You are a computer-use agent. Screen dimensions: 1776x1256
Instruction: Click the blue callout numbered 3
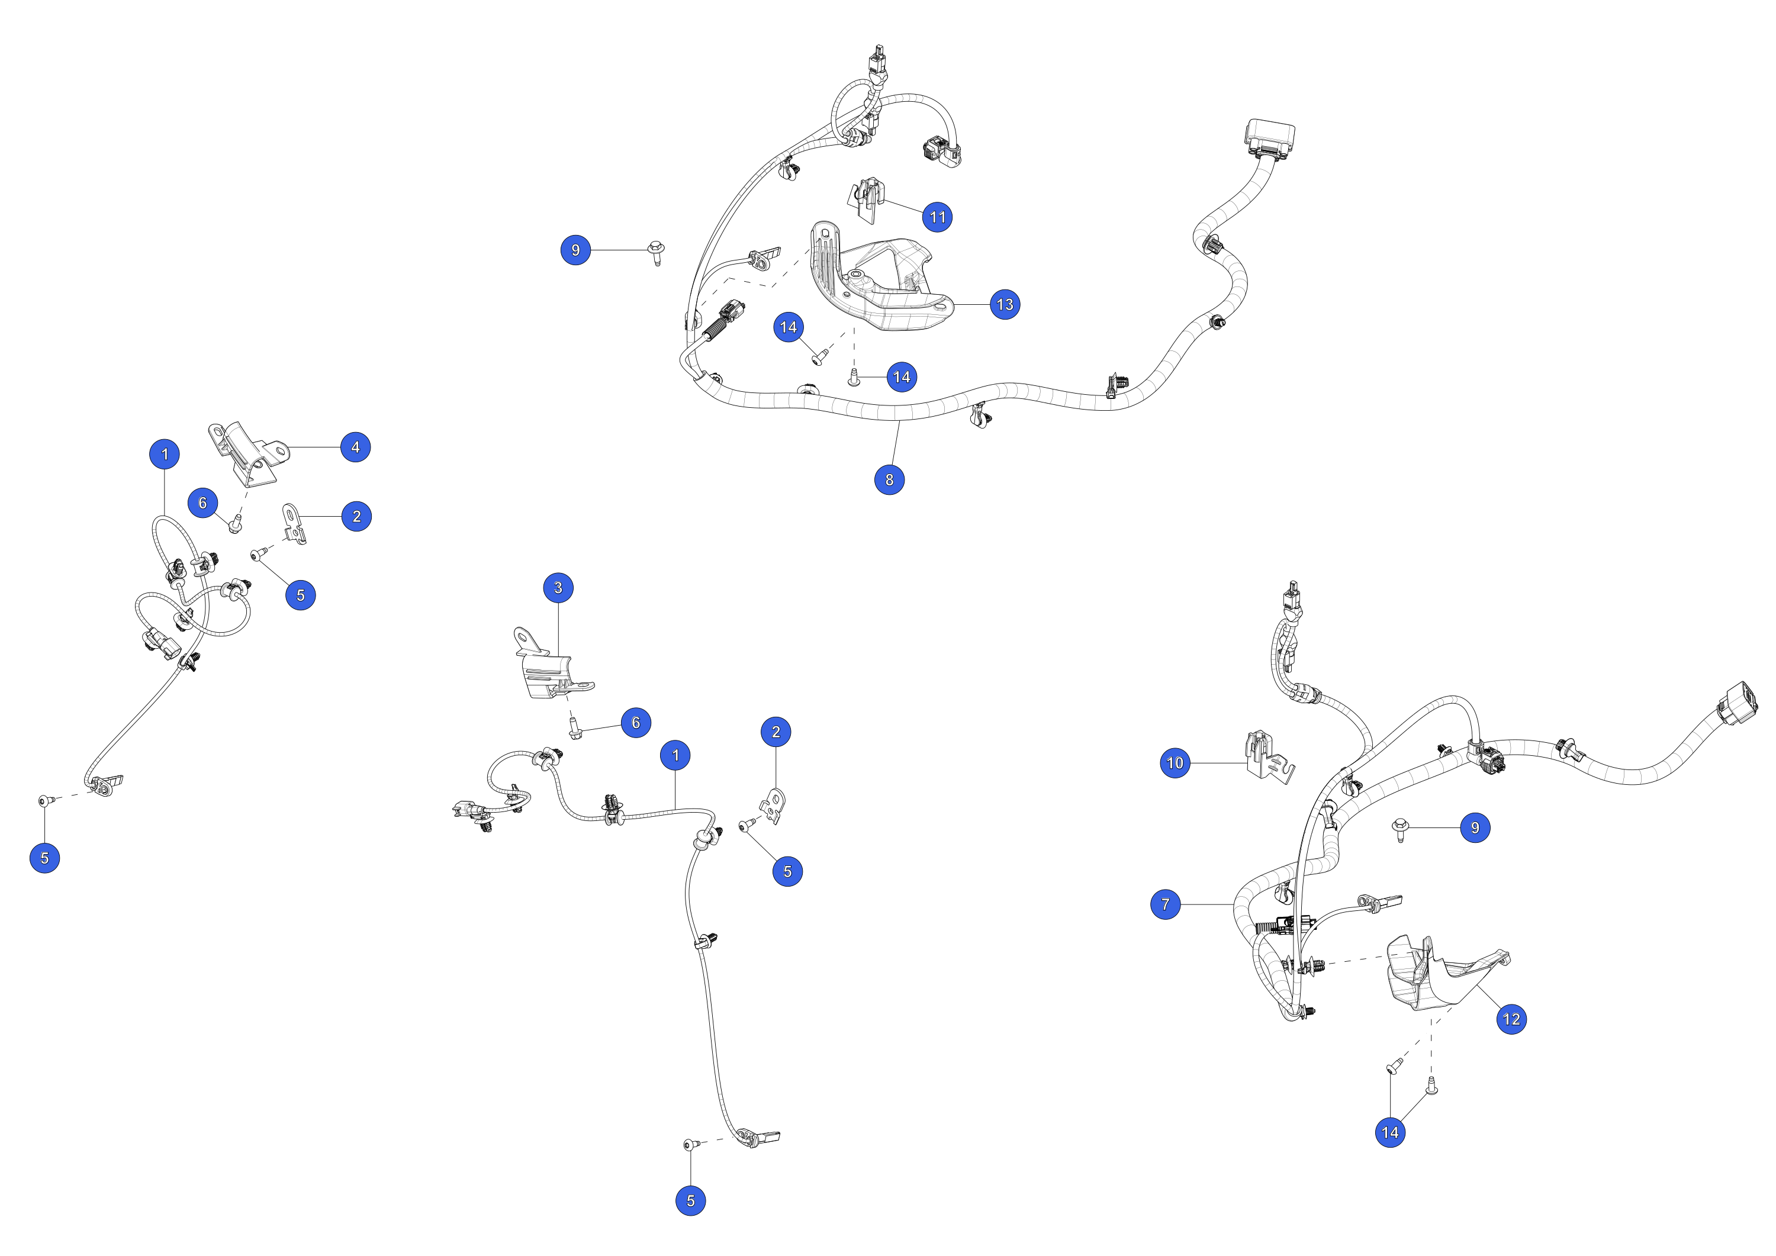pyautogui.click(x=558, y=588)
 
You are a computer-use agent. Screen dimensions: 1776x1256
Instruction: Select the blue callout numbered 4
pyautogui.click(x=356, y=447)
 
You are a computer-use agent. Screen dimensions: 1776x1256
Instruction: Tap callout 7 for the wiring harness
pyautogui.click(x=1166, y=904)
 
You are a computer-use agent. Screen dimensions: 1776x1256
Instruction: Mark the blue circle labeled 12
pyautogui.click(x=1511, y=1019)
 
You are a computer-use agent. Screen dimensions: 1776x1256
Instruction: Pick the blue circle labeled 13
pyautogui.click(x=1005, y=305)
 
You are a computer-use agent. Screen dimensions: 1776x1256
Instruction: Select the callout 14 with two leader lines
pyautogui.click(x=1390, y=1133)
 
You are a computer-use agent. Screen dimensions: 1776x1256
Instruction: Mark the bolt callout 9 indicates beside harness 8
pyautogui.click(x=657, y=252)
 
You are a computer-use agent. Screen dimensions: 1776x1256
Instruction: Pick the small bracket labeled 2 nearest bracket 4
pyautogui.click(x=294, y=524)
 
